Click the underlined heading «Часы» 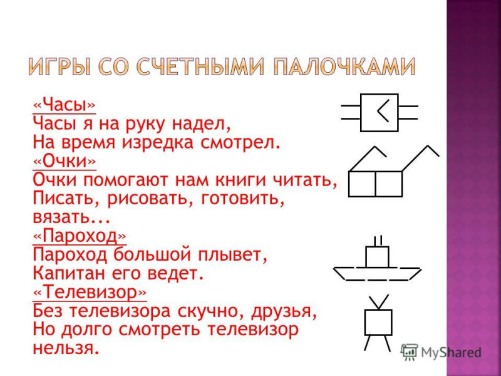[65, 105]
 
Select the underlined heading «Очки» [65, 162]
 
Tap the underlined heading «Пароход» [80, 236]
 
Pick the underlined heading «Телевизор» [90, 292]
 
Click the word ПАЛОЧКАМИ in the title [344, 67]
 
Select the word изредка [158, 142]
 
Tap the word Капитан [70, 273]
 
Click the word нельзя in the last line [64, 348]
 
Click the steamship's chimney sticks [378, 241]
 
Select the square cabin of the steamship [378, 257]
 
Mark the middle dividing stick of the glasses [375, 184]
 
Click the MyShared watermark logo [441, 352]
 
